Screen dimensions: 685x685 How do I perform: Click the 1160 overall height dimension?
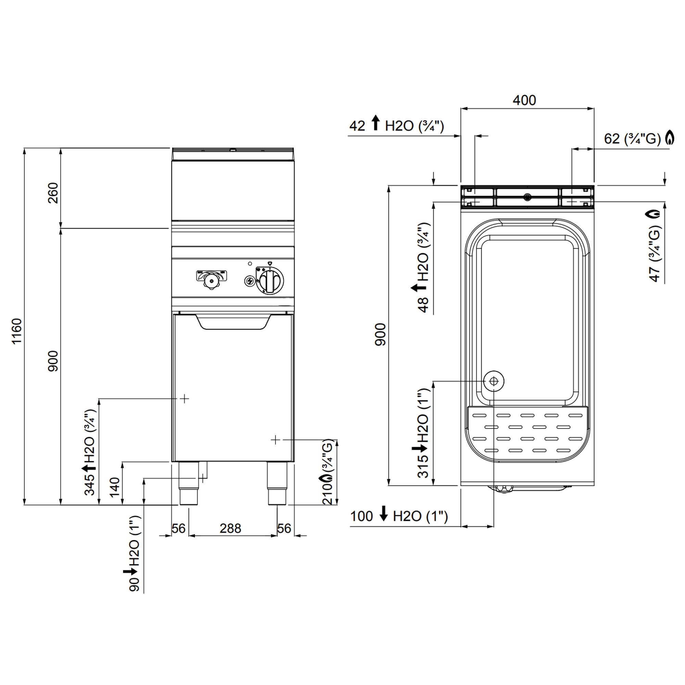tap(17, 331)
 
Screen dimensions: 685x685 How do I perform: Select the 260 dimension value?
tap(53, 193)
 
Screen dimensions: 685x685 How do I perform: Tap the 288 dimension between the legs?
tap(230, 528)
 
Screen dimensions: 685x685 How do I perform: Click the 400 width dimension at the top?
tap(524, 100)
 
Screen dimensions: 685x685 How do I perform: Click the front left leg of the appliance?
tap(189, 483)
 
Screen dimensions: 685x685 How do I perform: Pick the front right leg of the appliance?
tap(276, 483)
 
